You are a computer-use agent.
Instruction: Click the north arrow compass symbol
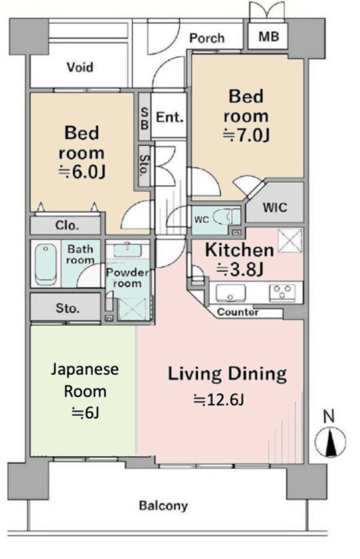(330, 442)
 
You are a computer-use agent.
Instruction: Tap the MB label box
(268, 36)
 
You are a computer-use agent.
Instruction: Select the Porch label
(206, 38)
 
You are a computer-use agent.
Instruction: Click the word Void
(80, 67)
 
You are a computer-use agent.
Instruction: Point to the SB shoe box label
(144, 118)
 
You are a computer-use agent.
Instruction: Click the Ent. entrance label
(170, 118)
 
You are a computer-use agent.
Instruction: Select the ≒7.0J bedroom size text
(246, 136)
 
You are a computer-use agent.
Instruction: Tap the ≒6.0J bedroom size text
(84, 172)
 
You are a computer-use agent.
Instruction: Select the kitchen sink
(230, 293)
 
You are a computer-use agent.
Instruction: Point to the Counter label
(237, 312)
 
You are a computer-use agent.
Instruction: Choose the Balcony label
(163, 506)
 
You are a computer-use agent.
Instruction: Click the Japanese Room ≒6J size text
(85, 413)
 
